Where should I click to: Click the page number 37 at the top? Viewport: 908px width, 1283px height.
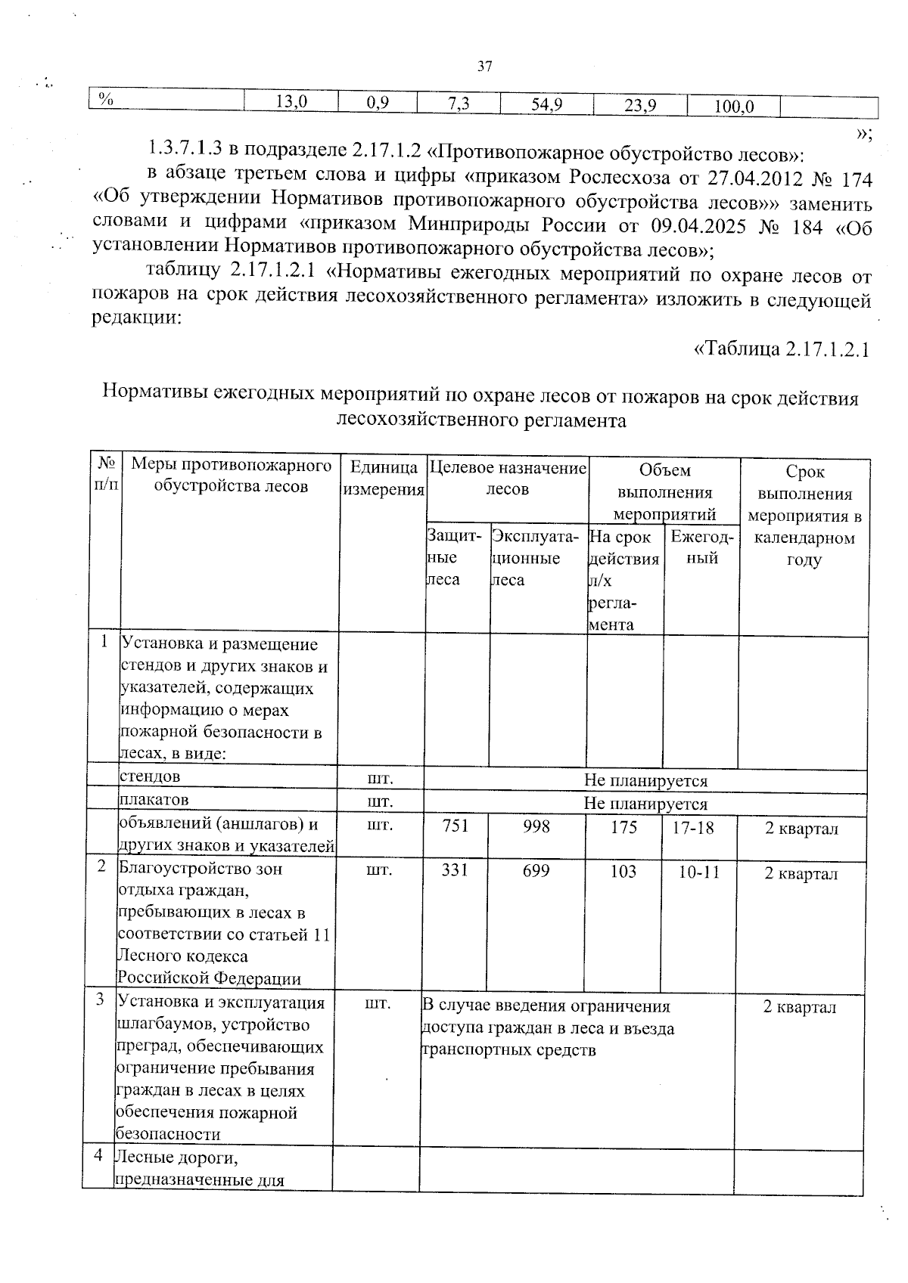point(485,67)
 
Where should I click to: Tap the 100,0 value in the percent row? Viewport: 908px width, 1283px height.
point(734,107)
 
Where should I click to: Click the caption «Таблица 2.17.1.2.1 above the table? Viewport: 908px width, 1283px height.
point(782,349)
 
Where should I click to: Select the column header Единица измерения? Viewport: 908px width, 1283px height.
point(384,479)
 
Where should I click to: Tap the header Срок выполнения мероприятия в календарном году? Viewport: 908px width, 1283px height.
point(804,516)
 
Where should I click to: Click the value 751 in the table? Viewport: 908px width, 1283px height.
point(456,826)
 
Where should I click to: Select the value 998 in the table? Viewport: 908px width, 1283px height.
point(536,826)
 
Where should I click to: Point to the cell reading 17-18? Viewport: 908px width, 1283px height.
point(693,827)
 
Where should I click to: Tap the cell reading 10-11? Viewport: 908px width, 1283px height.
point(698,872)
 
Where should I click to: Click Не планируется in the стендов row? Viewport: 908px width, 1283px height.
point(645,781)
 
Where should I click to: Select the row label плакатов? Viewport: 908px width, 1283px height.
point(154,799)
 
